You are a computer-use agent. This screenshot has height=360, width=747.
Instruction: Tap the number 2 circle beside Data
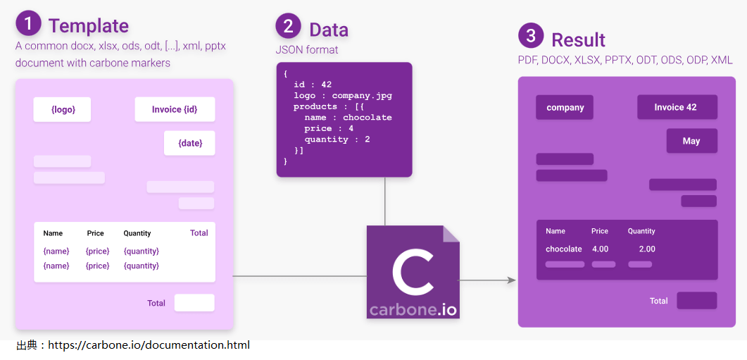point(289,26)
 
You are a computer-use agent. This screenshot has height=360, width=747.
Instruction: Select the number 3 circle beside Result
point(531,36)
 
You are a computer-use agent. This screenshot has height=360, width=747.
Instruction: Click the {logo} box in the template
point(63,109)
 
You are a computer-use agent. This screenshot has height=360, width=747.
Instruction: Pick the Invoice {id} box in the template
point(175,109)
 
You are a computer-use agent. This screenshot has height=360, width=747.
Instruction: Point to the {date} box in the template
point(189,143)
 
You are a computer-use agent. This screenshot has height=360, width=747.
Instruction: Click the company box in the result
point(565,107)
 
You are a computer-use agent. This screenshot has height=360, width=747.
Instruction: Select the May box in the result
point(691,141)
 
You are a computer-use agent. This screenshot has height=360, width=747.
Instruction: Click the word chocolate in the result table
point(563,249)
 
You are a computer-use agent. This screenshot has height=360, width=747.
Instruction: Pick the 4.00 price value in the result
point(600,249)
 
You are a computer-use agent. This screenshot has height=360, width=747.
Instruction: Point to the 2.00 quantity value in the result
point(646,249)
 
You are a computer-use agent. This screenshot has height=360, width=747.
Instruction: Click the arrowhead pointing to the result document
point(512,280)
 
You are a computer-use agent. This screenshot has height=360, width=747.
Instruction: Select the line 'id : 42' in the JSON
point(313,85)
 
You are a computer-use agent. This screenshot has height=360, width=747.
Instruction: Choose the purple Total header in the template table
point(199,232)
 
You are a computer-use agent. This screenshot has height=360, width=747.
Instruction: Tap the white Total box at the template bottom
point(194,303)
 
